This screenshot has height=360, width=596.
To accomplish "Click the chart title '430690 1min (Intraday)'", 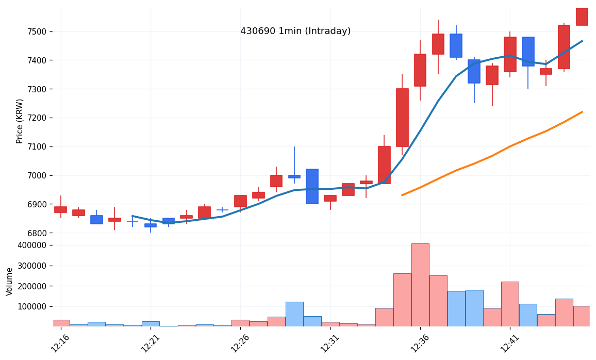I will (x=295, y=31).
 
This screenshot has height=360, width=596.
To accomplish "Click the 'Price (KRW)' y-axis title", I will (x=20, y=121).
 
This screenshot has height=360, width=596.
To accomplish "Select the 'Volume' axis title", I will (x=10, y=281).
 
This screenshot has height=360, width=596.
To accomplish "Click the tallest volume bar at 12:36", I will (x=420, y=285).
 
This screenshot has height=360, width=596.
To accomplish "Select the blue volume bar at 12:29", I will (x=294, y=314).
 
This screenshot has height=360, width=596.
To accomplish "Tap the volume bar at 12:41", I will (x=510, y=304).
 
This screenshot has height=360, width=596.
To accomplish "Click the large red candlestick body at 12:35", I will (x=402, y=118).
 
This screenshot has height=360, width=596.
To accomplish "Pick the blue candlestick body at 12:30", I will (x=312, y=186).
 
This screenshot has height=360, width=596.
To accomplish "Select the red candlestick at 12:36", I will (x=420, y=70).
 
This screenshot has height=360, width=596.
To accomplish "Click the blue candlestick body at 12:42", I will (x=528, y=52).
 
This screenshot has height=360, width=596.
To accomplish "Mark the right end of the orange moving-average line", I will (x=582, y=112).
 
